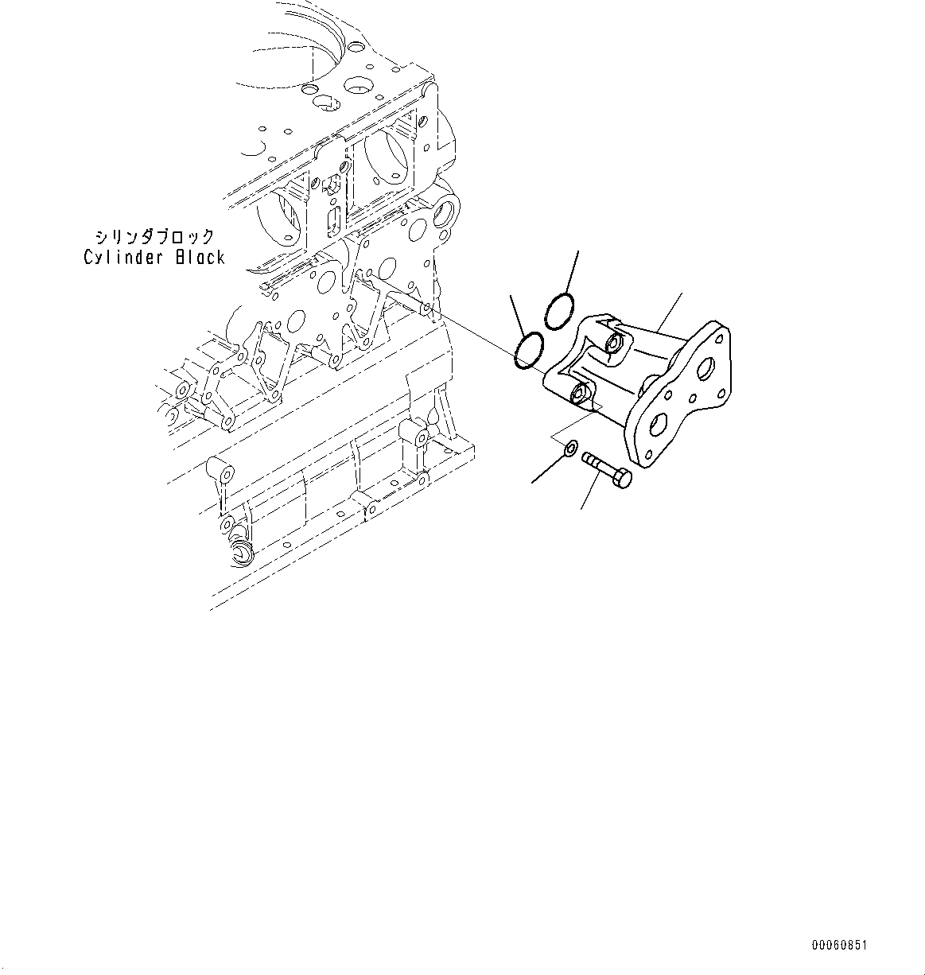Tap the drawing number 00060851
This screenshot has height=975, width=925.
pos(839,946)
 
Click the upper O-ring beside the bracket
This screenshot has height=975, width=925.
pos(559,310)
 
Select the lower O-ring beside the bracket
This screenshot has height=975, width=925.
pos(529,351)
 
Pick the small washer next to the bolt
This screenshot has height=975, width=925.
pos(570,452)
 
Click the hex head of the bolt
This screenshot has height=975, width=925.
pos(623,479)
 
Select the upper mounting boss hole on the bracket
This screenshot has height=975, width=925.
pos(615,345)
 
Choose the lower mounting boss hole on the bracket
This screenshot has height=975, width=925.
pos(580,393)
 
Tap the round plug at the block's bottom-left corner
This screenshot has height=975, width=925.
pos(239,553)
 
